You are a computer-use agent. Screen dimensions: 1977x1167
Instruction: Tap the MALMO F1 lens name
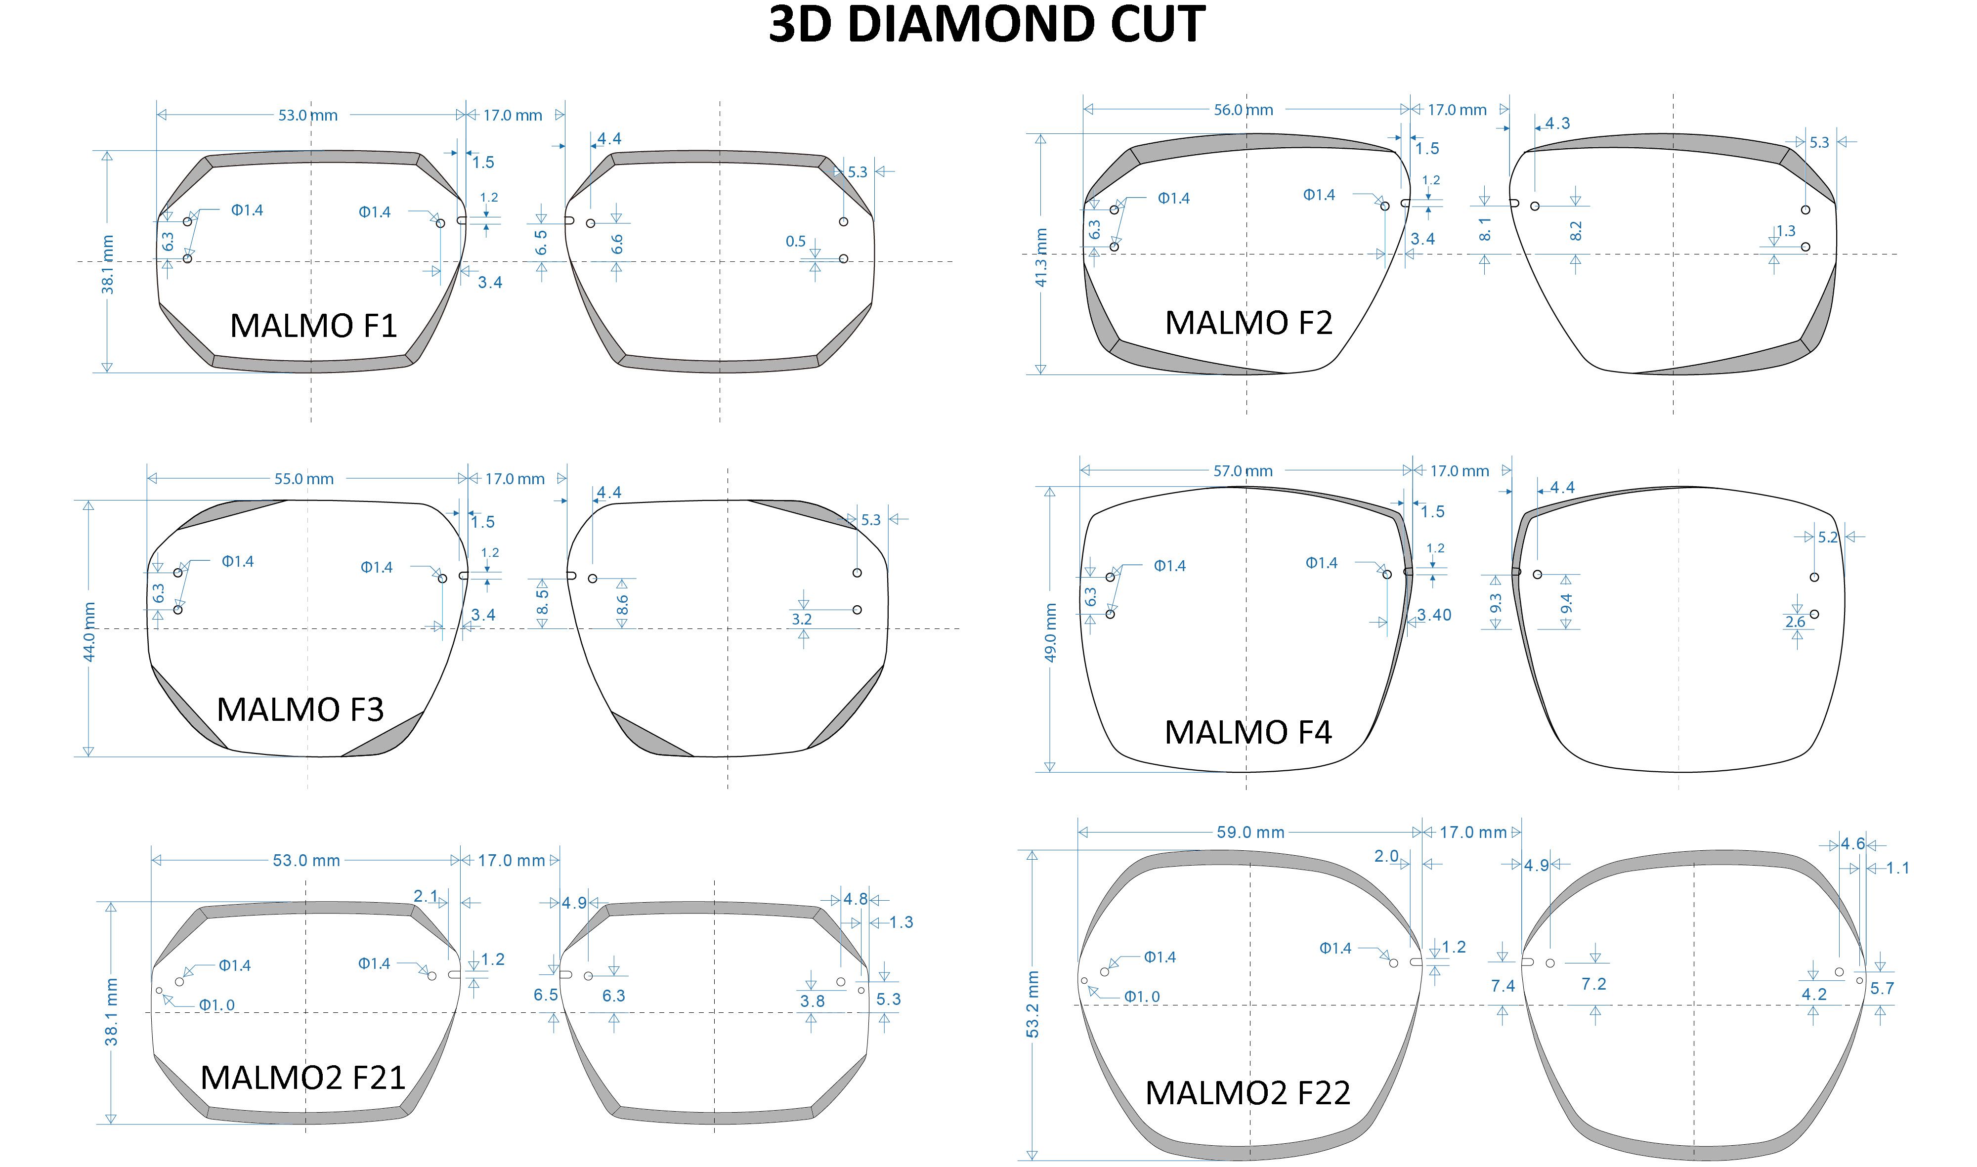point(314,326)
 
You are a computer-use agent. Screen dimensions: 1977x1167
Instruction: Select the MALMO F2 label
point(1248,323)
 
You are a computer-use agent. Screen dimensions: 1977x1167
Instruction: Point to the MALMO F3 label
point(301,709)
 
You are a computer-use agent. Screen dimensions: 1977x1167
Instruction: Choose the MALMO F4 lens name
point(1248,732)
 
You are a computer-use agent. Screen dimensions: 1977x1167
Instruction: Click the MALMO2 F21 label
point(303,1078)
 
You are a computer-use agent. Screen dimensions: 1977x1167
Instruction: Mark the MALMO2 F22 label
point(1247,1092)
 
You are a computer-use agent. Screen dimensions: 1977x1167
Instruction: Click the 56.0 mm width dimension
point(1243,110)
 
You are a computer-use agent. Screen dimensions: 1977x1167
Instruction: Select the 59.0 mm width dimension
point(1250,832)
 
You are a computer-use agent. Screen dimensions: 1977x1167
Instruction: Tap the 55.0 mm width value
point(303,479)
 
